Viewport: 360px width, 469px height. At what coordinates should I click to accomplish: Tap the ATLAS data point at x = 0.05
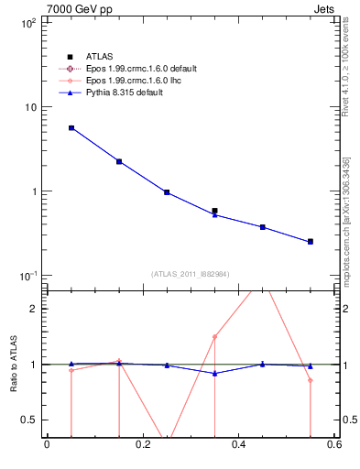(x=71, y=128)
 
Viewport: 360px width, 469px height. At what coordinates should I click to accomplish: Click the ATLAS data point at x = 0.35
(x=214, y=211)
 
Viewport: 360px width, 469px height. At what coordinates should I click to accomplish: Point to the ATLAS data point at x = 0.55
(x=311, y=242)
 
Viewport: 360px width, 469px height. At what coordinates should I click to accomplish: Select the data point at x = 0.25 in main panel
(x=167, y=192)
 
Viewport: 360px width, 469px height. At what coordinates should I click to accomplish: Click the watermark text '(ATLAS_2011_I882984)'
(x=191, y=274)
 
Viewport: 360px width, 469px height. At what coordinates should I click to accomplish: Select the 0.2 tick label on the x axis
(x=142, y=446)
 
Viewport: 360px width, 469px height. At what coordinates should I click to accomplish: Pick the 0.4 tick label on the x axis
(x=238, y=446)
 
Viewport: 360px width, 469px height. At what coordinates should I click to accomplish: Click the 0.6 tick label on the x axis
(x=334, y=446)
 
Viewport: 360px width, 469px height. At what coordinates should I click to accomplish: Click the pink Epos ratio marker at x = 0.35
(x=214, y=336)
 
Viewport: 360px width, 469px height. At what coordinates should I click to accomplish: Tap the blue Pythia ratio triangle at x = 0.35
(x=214, y=373)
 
